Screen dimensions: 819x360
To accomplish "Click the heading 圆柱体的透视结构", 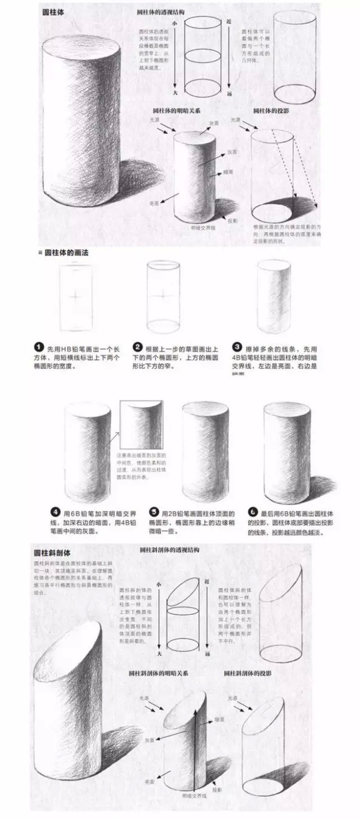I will click(163, 11).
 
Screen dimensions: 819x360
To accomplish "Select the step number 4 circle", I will click(55, 512).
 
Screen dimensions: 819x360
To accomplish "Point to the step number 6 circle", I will click(253, 512).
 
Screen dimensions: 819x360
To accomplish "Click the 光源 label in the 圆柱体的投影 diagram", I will click(235, 120).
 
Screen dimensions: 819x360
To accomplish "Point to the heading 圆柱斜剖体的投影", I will click(247, 672).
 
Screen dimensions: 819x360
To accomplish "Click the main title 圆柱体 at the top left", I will click(52, 11).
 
